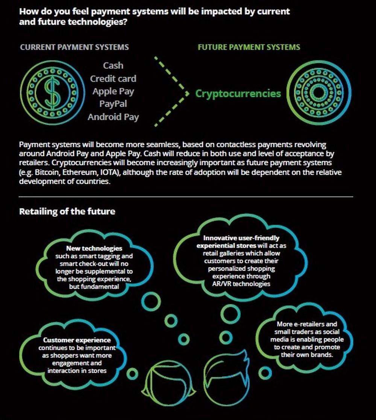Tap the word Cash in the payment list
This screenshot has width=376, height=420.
pyautogui.click(x=113, y=65)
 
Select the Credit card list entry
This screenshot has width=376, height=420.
pyautogui.click(x=113, y=79)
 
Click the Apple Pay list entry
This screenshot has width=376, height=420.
pyautogui.click(x=113, y=91)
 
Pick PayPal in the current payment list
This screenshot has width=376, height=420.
pyautogui.click(x=113, y=104)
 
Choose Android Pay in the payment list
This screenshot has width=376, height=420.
pyautogui.click(x=113, y=117)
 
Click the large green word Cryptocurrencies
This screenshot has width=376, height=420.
pyautogui.click(x=238, y=94)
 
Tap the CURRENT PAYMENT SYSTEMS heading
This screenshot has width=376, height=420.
pyautogui.click(x=74, y=47)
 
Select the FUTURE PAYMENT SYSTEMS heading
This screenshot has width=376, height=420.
pyautogui.click(x=249, y=47)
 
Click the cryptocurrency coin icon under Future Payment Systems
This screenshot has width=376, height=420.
pyautogui.click(x=319, y=92)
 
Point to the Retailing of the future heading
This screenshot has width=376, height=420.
pyautogui.click(x=67, y=212)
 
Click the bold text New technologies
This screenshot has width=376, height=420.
pyautogui.click(x=94, y=248)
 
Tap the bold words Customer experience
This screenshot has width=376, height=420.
pyautogui.click(x=77, y=340)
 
